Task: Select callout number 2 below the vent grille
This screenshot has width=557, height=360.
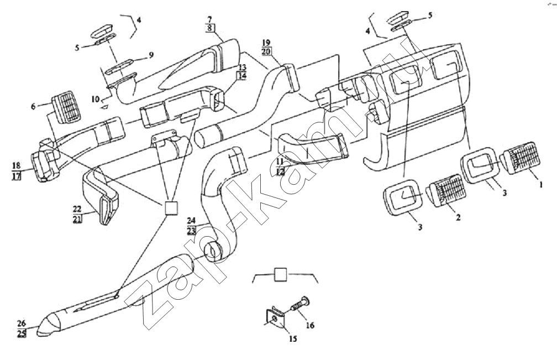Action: (458, 219)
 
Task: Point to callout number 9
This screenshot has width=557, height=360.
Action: (151, 55)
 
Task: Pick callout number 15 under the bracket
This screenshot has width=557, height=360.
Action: (293, 338)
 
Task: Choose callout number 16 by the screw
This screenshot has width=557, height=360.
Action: (310, 325)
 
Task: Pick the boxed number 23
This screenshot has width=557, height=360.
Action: (192, 231)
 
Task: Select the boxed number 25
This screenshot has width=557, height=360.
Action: (22, 334)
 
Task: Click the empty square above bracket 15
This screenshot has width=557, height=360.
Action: (281, 274)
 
